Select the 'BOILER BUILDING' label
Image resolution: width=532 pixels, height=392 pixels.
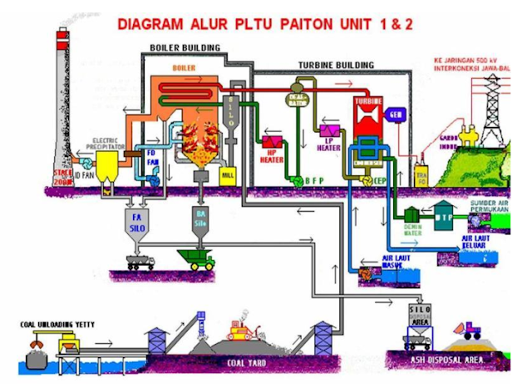(185, 47)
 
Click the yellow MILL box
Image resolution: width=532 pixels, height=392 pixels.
(228, 174)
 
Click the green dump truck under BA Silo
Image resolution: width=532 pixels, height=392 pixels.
(197, 260)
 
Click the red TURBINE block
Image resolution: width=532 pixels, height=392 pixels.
(367, 115)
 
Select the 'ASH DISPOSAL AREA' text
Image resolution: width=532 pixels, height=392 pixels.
(447, 360)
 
